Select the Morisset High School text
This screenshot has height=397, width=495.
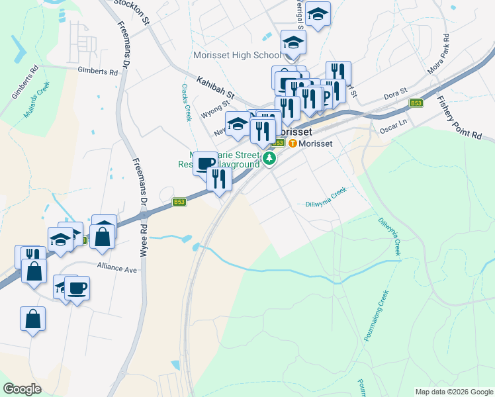pos(237,55)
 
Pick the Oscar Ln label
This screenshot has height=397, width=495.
pos(392,125)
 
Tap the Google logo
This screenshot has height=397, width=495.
pos(22,389)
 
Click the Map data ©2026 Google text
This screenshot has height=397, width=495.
pos(453,392)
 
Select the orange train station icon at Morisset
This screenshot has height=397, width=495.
pos(292,143)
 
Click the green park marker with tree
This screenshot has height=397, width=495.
pos(269,157)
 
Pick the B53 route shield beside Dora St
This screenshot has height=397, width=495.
pos(416,103)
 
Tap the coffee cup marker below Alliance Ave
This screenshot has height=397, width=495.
pos(77,288)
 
